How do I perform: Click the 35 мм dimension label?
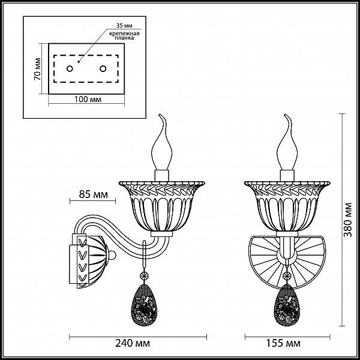pyautogui.click(x=124, y=25)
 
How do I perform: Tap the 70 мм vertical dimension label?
pyautogui.click(x=37, y=69)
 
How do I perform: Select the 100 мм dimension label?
pyautogui.click(x=88, y=99)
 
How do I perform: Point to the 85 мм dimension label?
pyautogui.click(x=93, y=194)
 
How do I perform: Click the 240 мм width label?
pyautogui.click(x=133, y=343)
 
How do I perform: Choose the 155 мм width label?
pyautogui.click(x=283, y=343)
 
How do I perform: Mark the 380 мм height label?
pyautogui.click(x=348, y=220)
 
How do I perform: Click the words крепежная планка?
pyautogui.click(x=124, y=35)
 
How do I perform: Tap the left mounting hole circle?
pyautogui.click(x=70, y=68)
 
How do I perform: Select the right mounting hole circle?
pyautogui.click(x=103, y=68)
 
